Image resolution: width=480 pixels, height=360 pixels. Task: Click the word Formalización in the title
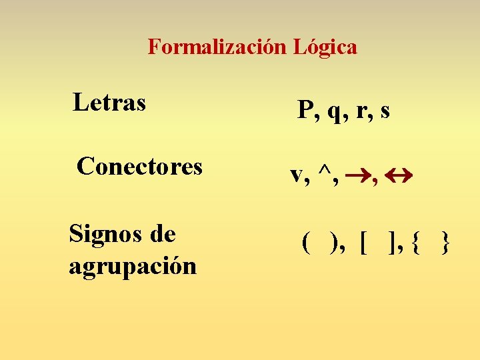tap(218, 47)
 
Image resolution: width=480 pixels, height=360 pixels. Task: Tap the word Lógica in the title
tap(325, 47)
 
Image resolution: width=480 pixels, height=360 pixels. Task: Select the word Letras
tap(109, 103)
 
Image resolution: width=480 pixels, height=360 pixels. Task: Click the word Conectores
tap(139, 166)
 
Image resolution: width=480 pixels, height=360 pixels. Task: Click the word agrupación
tap(133, 266)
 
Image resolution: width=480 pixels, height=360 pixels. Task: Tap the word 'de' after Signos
tap(162, 234)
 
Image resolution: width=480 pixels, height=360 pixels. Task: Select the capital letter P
tap(305, 110)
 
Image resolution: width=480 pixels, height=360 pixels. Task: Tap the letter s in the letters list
tap(385, 111)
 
